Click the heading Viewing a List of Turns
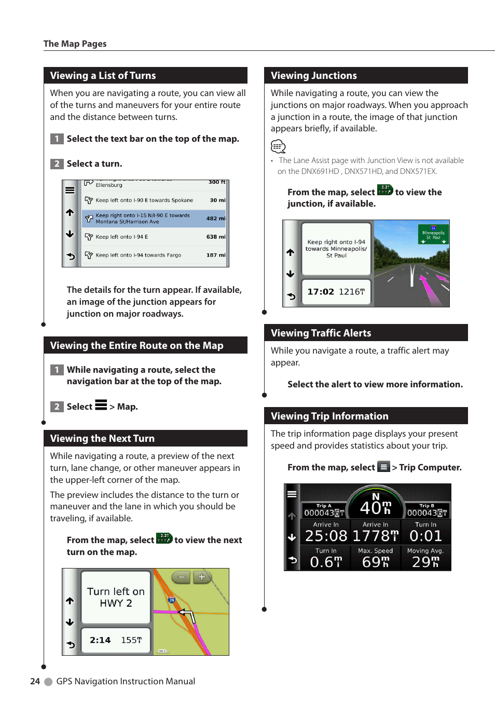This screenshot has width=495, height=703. (x=103, y=76)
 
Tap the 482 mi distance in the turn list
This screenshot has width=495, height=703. (x=215, y=219)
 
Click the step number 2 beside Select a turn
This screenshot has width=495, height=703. (x=57, y=164)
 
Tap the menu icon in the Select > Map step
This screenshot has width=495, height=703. (x=101, y=405)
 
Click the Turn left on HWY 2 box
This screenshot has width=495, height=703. (x=116, y=597)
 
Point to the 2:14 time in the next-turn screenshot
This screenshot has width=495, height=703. (x=100, y=640)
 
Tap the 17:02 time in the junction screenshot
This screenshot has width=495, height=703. (x=321, y=292)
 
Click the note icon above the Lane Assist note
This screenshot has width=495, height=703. (x=278, y=146)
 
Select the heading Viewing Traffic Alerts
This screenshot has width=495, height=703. (x=321, y=333)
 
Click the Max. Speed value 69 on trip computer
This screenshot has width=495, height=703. (x=375, y=562)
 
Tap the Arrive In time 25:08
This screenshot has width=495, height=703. (x=326, y=536)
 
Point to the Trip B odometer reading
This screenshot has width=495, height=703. (x=427, y=513)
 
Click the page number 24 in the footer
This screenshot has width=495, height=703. (x=35, y=681)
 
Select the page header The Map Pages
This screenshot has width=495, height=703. (x=75, y=44)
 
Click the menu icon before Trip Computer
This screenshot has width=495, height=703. (x=383, y=467)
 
